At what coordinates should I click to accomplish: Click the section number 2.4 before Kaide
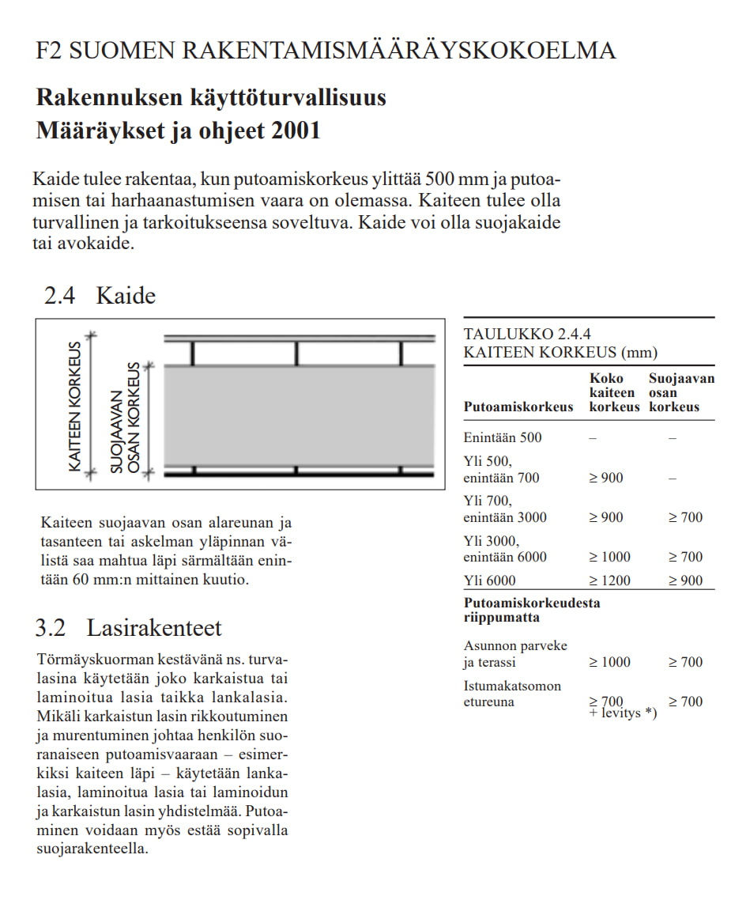(x=59, y=296)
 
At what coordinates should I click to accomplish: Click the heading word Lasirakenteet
(x=155, y=628)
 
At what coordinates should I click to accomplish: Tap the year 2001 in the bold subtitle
(x=296, y=130)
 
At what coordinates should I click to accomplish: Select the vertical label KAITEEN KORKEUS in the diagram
(x=75, y=407)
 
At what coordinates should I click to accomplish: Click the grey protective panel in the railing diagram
(x=300, y=415)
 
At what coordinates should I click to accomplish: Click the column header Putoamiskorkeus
(x=518, y=407)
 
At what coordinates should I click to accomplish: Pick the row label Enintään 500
(x=503, y=437)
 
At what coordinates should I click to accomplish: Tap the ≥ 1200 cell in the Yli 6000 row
(x=610, y=581)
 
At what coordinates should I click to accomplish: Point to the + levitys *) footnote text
(x=623, y=714)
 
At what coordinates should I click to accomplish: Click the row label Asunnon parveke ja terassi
(x=515, y=654)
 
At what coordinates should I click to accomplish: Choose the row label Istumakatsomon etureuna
(x=512, y=694)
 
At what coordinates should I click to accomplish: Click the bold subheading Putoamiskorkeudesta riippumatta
(x=531, y=610)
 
